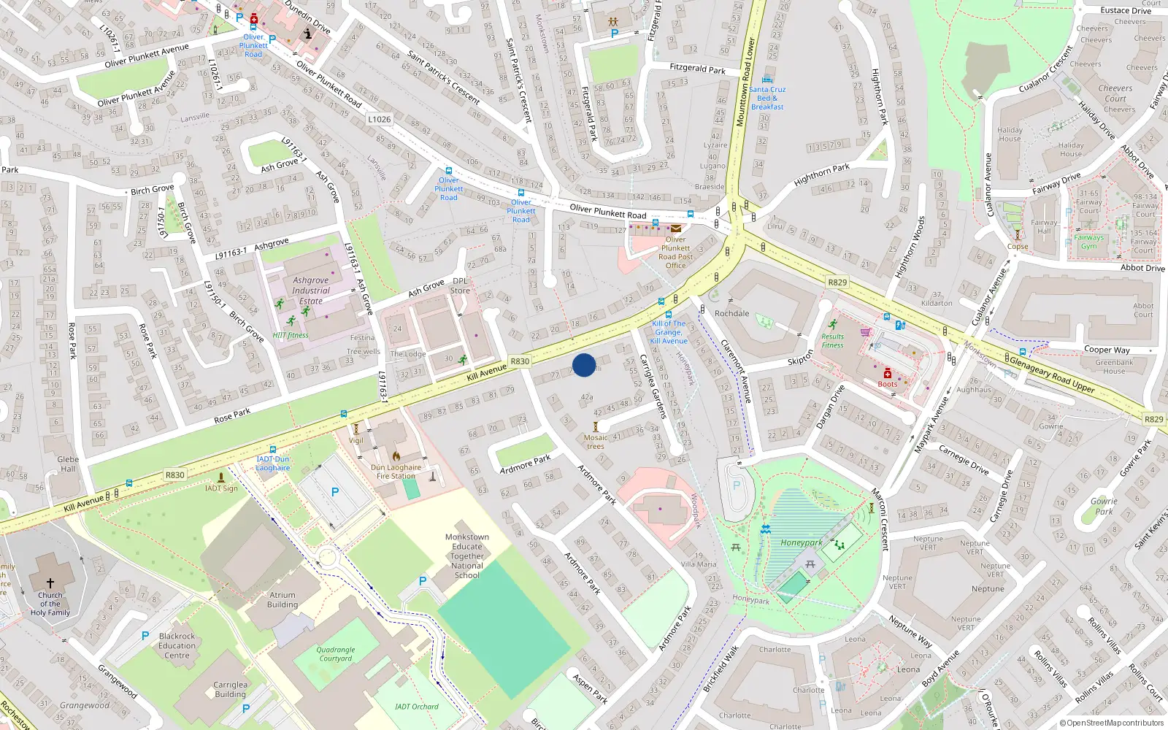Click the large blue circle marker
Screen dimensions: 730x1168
[x=584, y=365]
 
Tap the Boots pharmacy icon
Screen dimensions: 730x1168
[x=888, y=374]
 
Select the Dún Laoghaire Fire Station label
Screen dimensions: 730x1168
[x=396, y=472]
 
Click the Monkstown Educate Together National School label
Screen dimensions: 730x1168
[x=467, y=556]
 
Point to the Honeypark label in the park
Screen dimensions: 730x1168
[x=802, y=542]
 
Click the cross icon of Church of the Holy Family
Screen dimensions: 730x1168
[x=50, y=583]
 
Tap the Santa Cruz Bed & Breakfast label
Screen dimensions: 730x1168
[x=767, y=98]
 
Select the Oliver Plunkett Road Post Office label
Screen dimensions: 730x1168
[x=675, y=253]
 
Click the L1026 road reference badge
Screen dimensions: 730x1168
[x=379, y=119]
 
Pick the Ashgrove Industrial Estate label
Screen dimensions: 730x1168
[x=311, y=291]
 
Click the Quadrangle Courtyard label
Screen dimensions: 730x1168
[x=336, y=654]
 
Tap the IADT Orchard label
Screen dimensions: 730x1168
[x=417, y=707]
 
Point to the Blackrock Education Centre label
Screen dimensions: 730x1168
[x=177, y=646]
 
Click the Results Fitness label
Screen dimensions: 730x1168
[x=832, y=341]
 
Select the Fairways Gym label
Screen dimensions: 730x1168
[x=1088, y=242]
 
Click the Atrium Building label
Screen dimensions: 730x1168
[x=283, y=600]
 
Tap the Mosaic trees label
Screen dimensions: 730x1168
[x=596, y=442]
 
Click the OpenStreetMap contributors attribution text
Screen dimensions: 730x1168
[x=1112, y=723]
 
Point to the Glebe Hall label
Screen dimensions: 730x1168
[x=68, y=464]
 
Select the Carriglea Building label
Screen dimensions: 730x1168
[x=230, y=690]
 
